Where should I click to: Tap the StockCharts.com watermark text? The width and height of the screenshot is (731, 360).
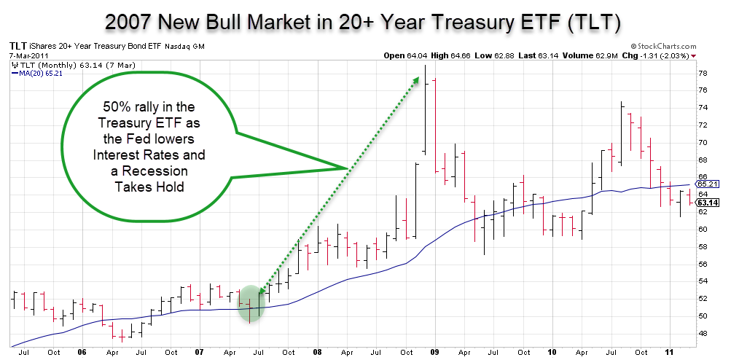663,45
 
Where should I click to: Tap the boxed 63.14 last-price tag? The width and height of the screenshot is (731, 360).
708,202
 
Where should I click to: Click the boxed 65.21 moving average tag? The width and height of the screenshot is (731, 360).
708,184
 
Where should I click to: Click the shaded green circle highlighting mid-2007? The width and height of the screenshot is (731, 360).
249,301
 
